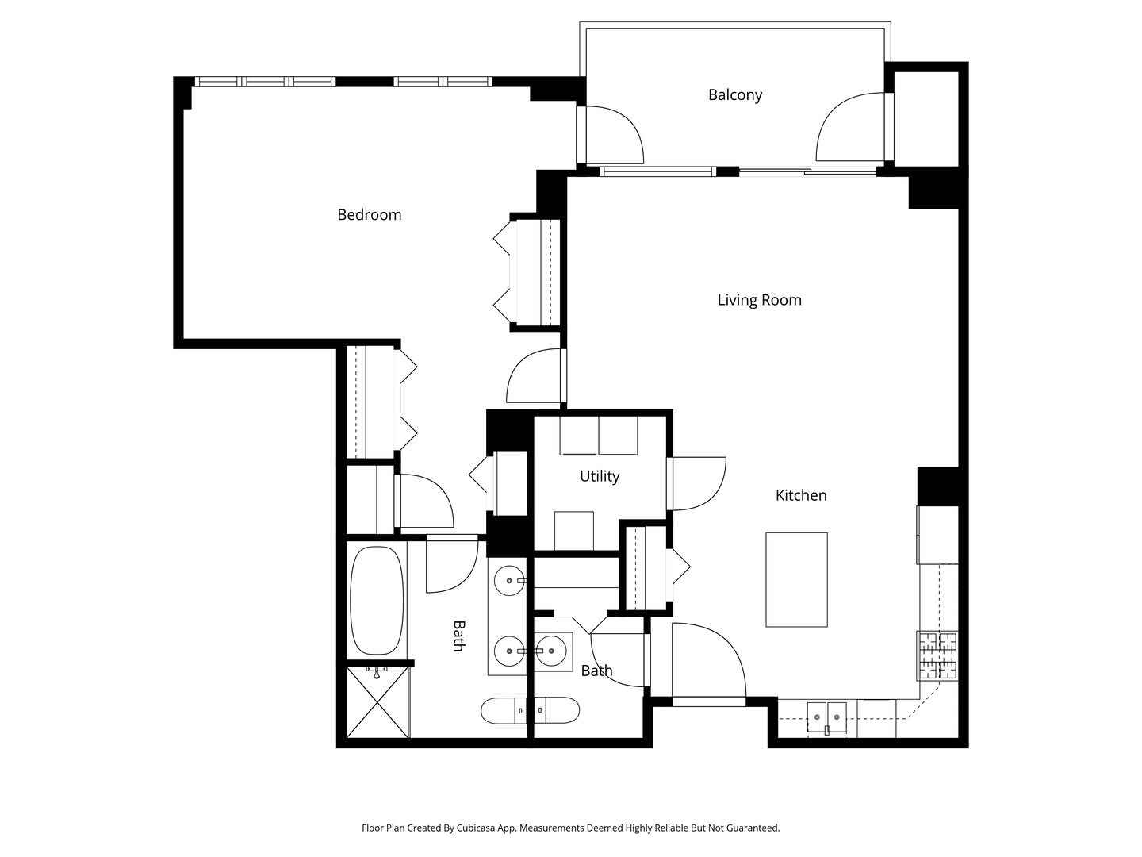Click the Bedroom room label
tap(369, 214)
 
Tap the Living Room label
tap(759, 300)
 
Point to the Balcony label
tap(734, 94)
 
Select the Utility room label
tap(600, 476)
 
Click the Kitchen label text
tap(801, 495)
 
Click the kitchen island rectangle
tap(796, 579)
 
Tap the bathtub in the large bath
tap(377, 600)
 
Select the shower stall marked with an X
tap(377, 702)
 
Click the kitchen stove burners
tap(937, 655)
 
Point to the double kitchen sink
tap(826, 717)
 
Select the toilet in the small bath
tap(557, 710)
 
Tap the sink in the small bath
tap(551, 651)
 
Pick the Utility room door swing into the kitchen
tap(696, 484)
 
